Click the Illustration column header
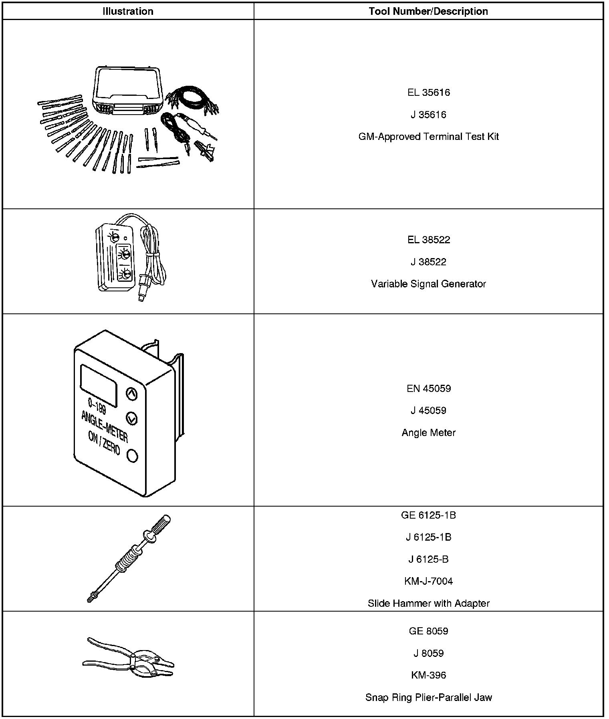pyautogui.click(x=128, y=11)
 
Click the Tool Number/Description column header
pyautogui.click(x=428, y=11)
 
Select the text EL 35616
pyautogui.click(x=428, y=93)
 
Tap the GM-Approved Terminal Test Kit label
pyautogui.click(x=428, y=137)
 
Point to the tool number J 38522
pyautogui.click(x=428, y=262)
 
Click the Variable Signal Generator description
pyautogui.click(x=428, y=284)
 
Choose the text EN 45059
pyautogui.click(x=428, y=388)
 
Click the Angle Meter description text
pyautogui.click(x=428, y=432)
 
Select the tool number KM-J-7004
pyautogui.click(x=428, y=581)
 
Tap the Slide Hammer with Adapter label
pyautogui.click(x=428, y=603)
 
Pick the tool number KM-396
pyautogui.click(x=428, y=675)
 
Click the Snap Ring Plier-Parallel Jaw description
pyautogui.click(x=428, y=697)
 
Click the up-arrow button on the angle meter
pyautogui.click(x=132, y=394)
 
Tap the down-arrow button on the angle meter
pyautogui.click(x=131, y=418)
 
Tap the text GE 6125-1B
pyautogui.click(x=428, y=515)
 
